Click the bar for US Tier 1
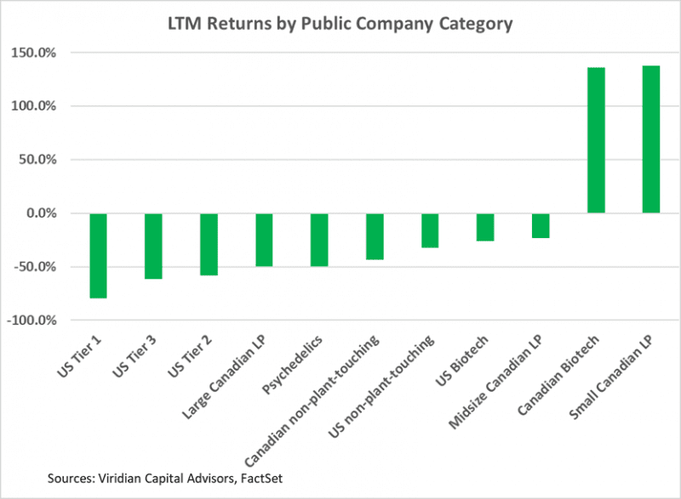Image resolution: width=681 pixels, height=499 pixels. (x=98, y=255)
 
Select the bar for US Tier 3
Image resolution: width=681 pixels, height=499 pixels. (x=153, y=246)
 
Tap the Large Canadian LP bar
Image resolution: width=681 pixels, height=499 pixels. (x=264, y=240)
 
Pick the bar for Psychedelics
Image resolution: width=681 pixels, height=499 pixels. (x=319, y=240)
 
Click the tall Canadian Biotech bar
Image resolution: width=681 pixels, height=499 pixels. (x=596, y=140)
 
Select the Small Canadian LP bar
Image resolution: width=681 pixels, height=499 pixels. (x=650, y=139)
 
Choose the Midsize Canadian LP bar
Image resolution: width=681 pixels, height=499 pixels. (x=541, y=225)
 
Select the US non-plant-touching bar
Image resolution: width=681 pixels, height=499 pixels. (x=430, y=230)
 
